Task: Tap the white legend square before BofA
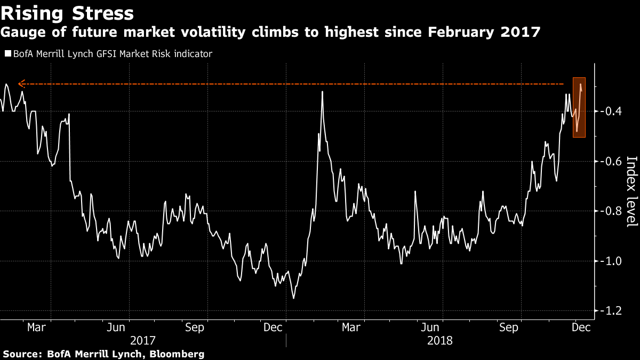click(7, 54)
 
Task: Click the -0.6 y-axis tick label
click(610, 161)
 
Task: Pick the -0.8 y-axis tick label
click(610, 211)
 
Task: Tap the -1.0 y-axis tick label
click(610, 261)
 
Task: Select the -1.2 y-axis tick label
click(610, 311)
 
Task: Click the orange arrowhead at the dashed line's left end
click(20, 84)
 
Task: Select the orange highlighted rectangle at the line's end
click(579, 108)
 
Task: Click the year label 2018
click(440, 340)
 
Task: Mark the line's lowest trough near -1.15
click(293, 298)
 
